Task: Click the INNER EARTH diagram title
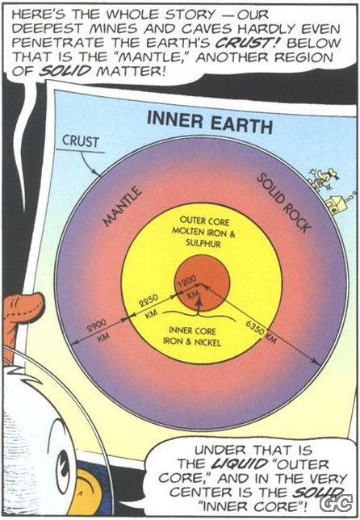[210, 122]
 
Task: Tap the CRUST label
[81, 141]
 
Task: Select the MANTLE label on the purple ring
[123, 206]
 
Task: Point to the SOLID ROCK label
[284, 203]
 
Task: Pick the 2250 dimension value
[148, 300]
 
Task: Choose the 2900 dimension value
[97, 325]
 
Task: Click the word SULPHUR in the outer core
[203, 244]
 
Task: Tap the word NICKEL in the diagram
[207, 342]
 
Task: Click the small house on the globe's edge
[335, 203]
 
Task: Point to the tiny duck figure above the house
[323, 178]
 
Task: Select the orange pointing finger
[23, 308]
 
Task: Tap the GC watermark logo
[337, 503]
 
